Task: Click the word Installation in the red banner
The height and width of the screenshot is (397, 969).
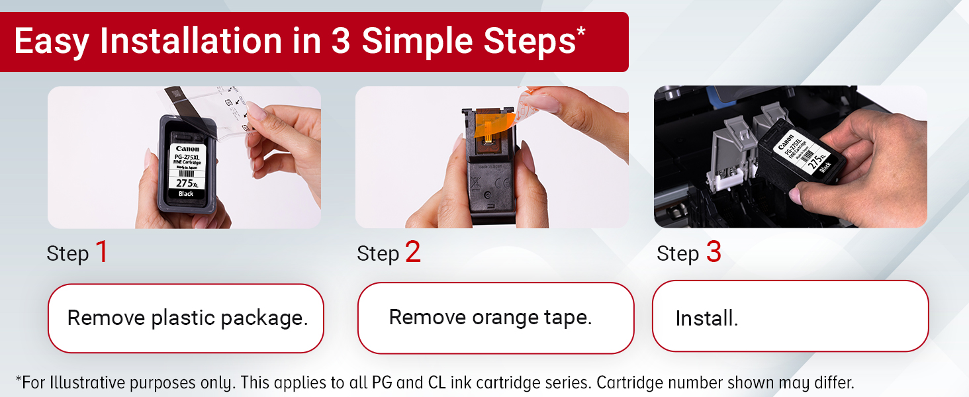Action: click(x=191, y=42)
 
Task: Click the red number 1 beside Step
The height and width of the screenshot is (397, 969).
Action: click(x=101, y=252)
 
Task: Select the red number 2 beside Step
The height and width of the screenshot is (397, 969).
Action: click(x=412, y=252)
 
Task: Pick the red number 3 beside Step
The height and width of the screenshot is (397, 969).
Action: click(x=713, y=252)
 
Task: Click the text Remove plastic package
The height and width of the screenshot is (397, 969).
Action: click(x=187, y=318)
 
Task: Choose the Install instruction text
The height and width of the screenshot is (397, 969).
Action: click(x=706, y=319)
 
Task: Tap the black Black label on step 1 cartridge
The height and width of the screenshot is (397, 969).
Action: click(x=186, y=194)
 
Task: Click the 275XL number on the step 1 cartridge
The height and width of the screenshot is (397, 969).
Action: click(x=186, y=183)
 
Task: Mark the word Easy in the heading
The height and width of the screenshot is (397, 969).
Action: click(x=51, y=42)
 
